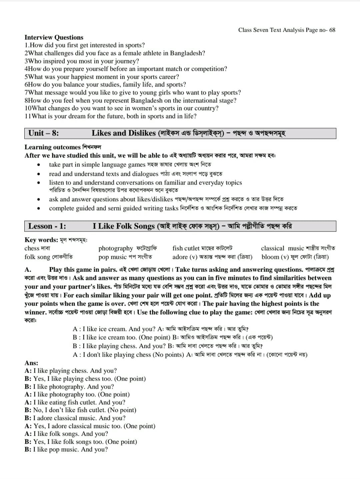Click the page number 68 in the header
coord(332,30)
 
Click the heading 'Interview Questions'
coord(54,37)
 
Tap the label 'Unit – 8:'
coord(44,133)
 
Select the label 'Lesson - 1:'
coord(47,226)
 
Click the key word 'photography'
coord(115,248)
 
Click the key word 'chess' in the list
coord(32,248)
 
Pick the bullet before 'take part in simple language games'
coord(39,165)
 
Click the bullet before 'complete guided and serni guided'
coord(39,208)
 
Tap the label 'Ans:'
coord(31,363)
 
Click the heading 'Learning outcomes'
coord(53,147)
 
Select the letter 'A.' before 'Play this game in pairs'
coord(28,270)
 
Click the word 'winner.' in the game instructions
coord(36,312)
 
